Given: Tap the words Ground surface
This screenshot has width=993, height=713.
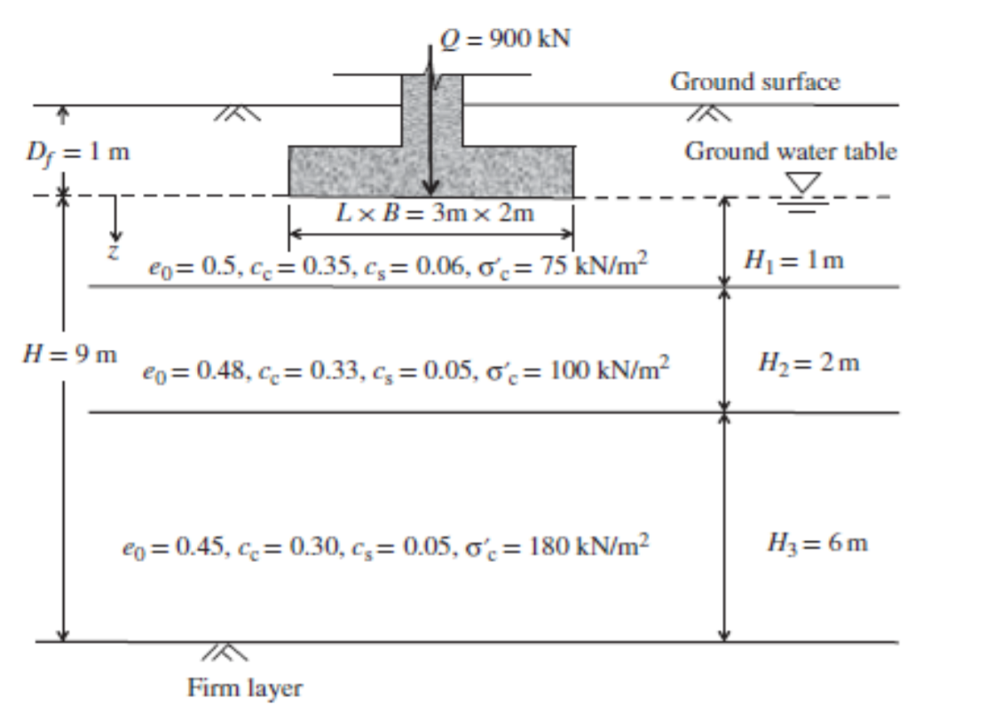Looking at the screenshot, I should pyautogui.click(x=754, y=82).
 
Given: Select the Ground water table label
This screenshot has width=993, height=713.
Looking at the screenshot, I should pyautogui.click(x=790, y=151).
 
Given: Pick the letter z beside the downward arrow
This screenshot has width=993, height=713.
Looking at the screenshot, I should pyautogui.click(x=113, y=251).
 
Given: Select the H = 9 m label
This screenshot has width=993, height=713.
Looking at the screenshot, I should pyautogui.click(x=68, y=356).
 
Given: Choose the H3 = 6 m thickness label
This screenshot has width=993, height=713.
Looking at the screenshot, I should pyautogui.click(x=816, y=543).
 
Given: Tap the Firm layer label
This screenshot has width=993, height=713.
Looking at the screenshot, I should pyautogui.click(x=245, y=687).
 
